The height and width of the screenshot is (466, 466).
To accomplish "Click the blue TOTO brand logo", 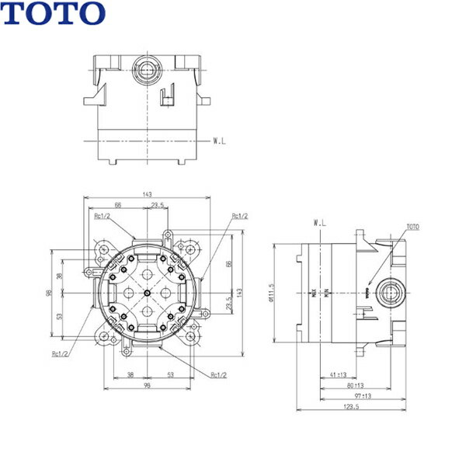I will click(x=53, y=12).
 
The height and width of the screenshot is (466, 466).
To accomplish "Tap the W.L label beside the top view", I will click(x=220, y=141).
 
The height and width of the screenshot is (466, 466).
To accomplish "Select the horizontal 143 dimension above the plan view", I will click(x=147, y=195).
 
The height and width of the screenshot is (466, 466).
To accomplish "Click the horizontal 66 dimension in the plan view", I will click(x=118, y=205).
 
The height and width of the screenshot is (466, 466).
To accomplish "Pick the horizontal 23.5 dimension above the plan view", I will click(x=157, y=205).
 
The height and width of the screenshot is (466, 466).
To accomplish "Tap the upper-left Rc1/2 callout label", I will click(x=101, y=217).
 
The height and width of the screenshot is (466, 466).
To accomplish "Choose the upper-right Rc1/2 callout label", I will click(x=240, y=216).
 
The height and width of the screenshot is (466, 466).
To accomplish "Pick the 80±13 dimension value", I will click(x=356, y=384).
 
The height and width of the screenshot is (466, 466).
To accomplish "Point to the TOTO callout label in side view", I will click(x=412, y=227).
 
